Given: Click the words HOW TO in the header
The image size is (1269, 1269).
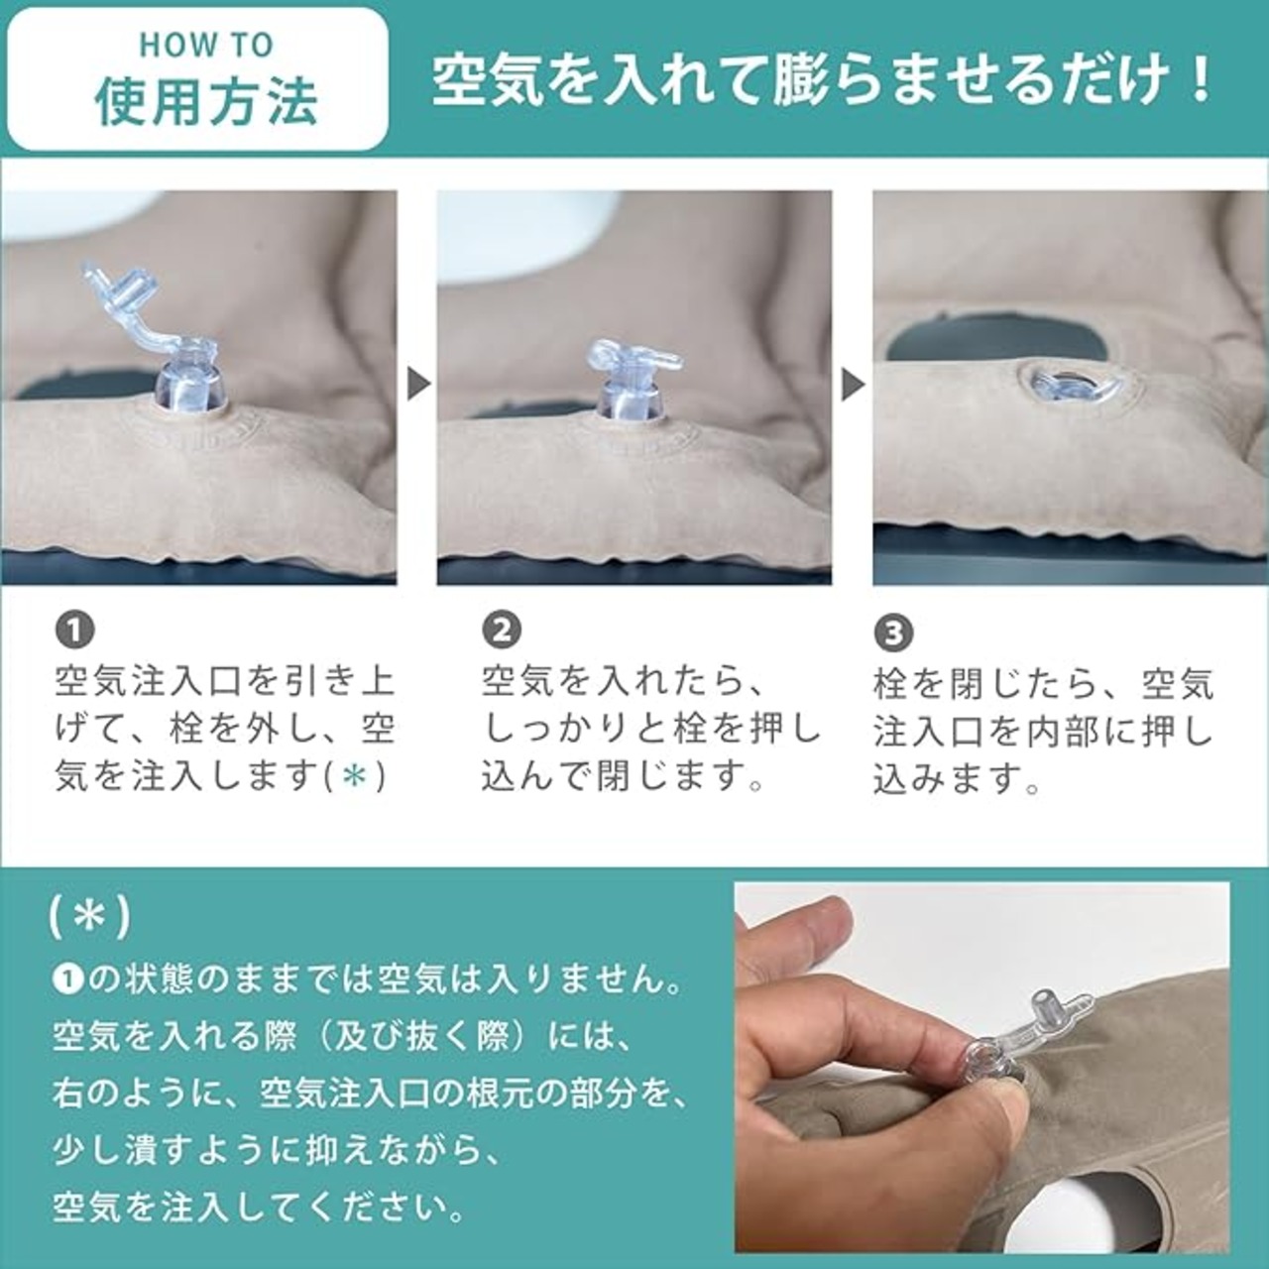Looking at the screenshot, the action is (x=206, y=45).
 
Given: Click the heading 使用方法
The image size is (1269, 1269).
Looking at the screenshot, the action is (x=206, y=103).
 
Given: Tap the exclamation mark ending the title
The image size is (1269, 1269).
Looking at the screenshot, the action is (x=1200, y=81).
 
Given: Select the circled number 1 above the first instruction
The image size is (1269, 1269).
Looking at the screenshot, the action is (x=75, y=630).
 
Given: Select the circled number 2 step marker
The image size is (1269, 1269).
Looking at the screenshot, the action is (x=502, y=630).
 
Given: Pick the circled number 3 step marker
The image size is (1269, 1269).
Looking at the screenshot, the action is (x=893, y=633).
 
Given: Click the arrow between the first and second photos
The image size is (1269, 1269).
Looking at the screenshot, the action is (x=418, y=384).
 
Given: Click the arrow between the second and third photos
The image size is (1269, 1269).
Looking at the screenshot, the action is (x=854, y=384).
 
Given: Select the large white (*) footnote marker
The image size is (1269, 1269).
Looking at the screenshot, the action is (x=89, y=917).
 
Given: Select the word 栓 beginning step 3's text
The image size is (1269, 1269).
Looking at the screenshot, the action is (x=892, y=685).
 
